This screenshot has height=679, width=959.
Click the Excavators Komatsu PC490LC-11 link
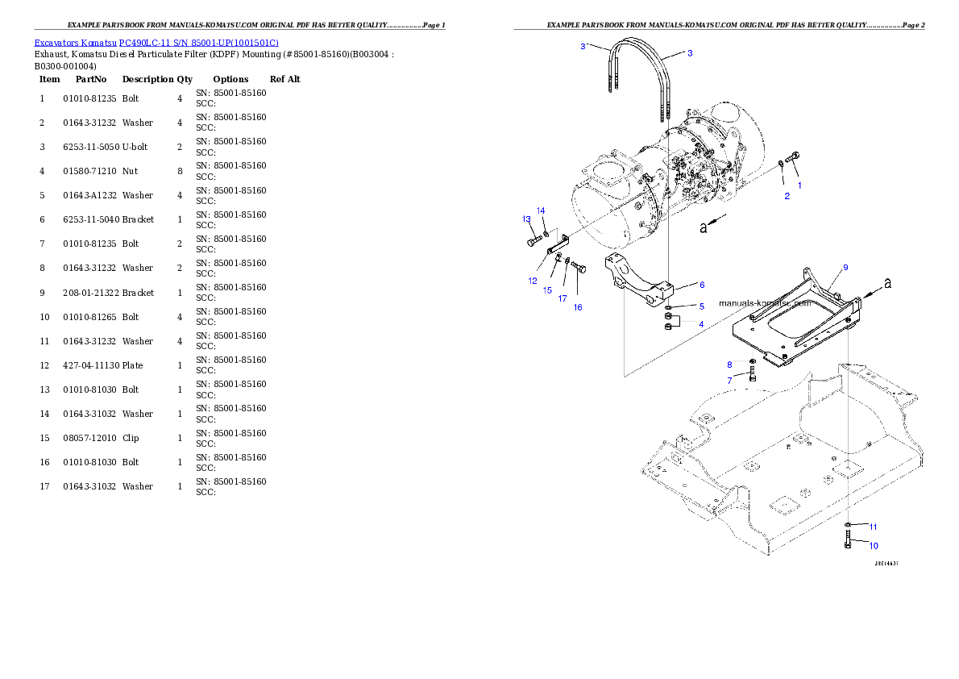tap(156, 43)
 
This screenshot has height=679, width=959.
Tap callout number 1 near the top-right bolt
tap(799, 185)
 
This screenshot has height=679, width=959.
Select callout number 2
tap(787, 196)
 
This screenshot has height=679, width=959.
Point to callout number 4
tap(701, 323)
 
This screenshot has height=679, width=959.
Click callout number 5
tap(701, 306)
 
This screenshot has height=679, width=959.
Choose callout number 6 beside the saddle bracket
tap(701, 285)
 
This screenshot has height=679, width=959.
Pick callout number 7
tap(729, 380)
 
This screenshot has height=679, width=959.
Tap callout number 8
tap(729, 364)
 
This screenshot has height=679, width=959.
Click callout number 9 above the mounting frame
tap(845, 267)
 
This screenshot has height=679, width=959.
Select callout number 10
tap(874, 545)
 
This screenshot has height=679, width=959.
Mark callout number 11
tap(874, 527)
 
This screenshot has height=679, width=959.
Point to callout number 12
tap(533, 281)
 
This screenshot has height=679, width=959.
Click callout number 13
tap(526, 219)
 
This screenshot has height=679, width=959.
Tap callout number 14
tap(541, 210)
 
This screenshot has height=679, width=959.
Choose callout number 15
tap(547, 290)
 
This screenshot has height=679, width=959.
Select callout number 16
tap(578, 307)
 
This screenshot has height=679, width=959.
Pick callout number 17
tap(563, 298)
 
